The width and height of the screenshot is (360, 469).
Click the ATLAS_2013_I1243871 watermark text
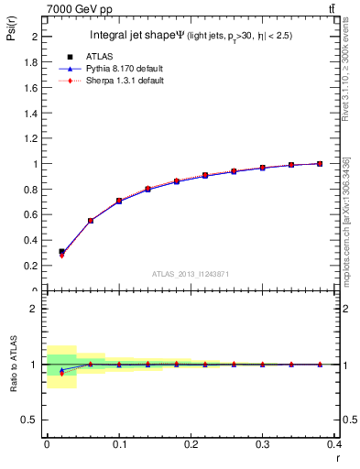pyautogui.click(x=190, y=274)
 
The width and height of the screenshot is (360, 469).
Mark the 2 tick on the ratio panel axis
pyautogui.click(x=35, y=309)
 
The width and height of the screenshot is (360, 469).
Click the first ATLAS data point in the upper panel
pyautogui.click(x=61, y=251)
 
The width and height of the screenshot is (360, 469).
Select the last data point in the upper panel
pyautogui.click(x=320, y=163)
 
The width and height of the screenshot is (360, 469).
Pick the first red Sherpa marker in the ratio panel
pyautogui.click(x=61, y=373)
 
